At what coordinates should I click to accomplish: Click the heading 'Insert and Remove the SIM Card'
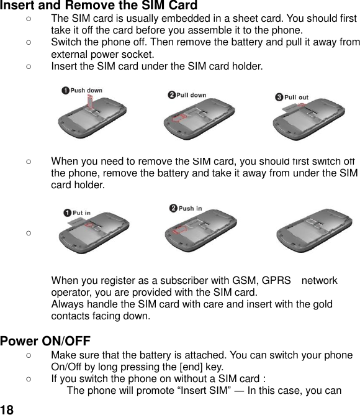tap(99, 6)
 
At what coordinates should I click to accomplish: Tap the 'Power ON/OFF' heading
tap(45, 341)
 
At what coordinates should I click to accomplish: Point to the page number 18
tap(7, 409)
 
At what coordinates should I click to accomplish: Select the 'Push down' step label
tap(86, 91)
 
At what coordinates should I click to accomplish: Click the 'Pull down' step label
tap(191, 95)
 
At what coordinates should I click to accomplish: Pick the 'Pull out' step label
tap(296, 97)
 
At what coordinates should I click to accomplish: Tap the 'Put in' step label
tap(81, 213)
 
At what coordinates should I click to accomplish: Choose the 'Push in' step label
tap(190, 209)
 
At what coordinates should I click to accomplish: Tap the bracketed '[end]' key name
tap(189, 367)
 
